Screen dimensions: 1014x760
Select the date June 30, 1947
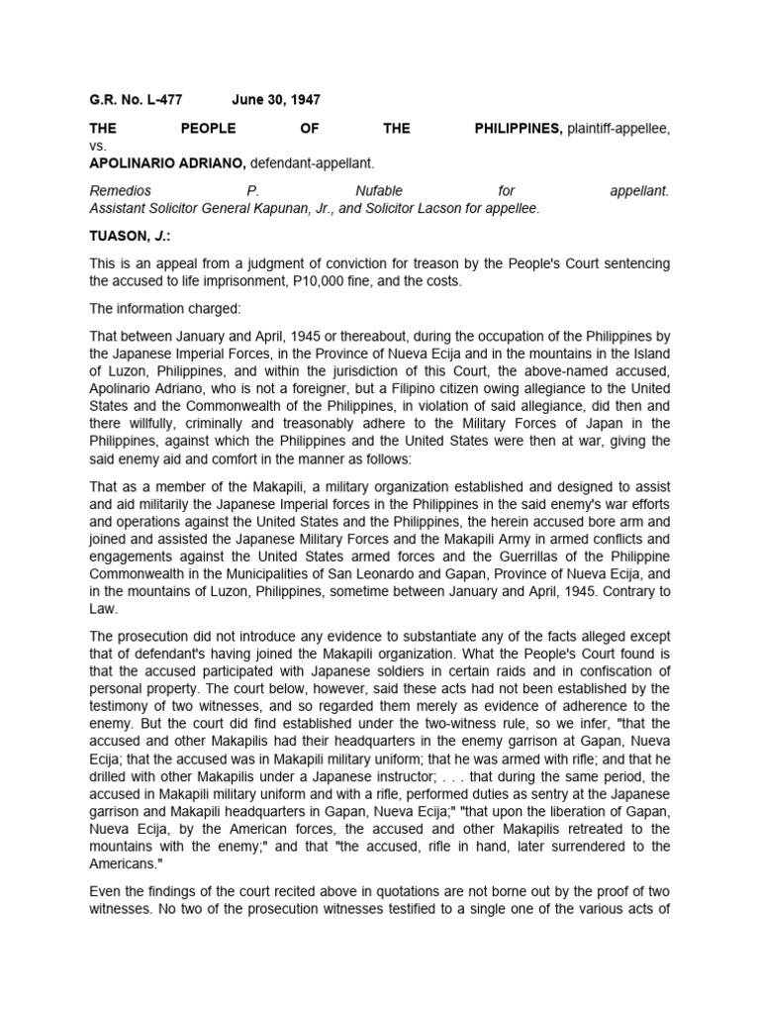point(276,100)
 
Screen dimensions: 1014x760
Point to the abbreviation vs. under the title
point(98,146)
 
